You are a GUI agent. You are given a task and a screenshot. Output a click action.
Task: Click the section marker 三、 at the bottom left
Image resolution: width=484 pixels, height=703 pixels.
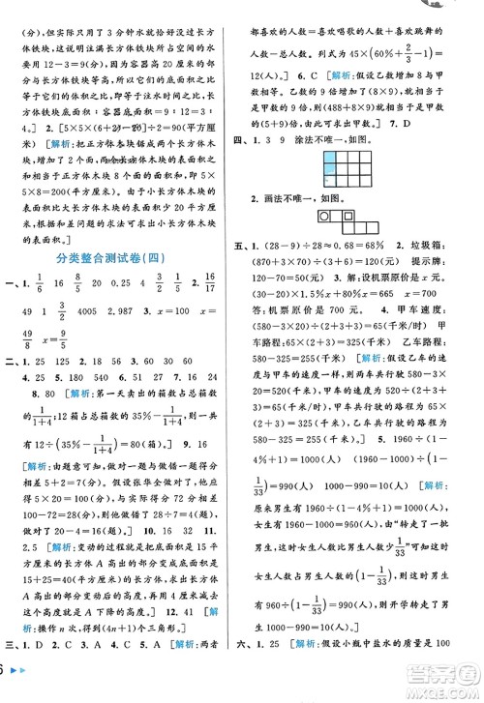click(x=12, y=674)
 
